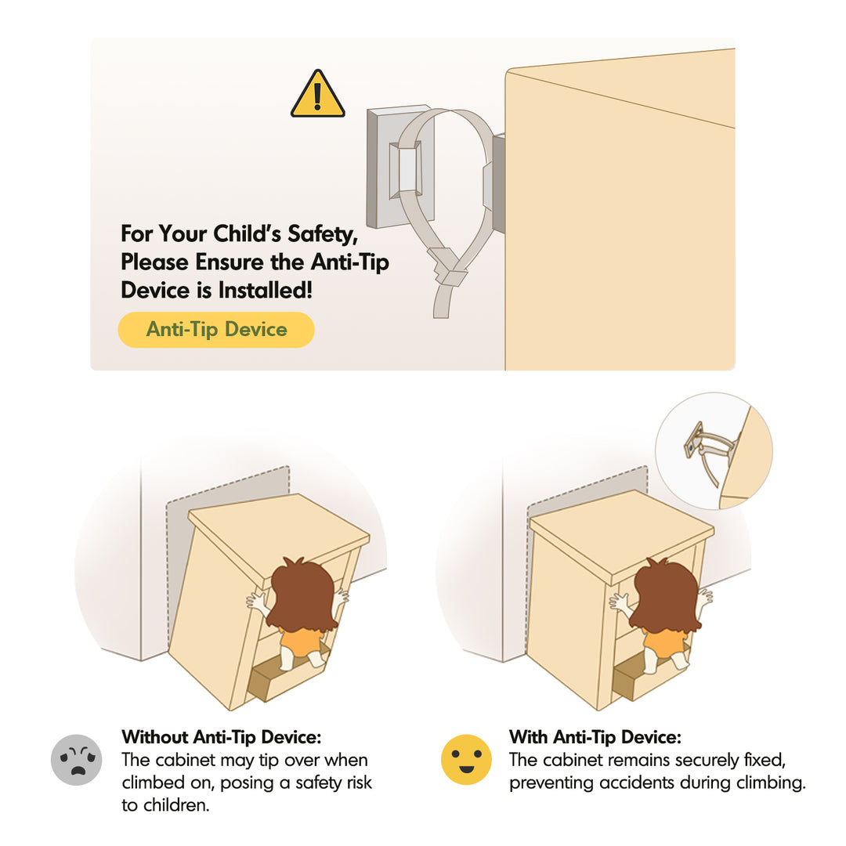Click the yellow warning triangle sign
tap(317, 95)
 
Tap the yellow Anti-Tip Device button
tap(216, 329)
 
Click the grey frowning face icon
tap(77, 760)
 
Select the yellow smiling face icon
tap(466, 760)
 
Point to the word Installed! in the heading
tap(266, 291)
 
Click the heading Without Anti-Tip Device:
tap(221, 737)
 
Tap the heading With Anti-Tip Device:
tap(595, 737)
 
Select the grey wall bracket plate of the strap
tap(400, 166)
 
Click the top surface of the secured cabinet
tap(621, 535)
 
